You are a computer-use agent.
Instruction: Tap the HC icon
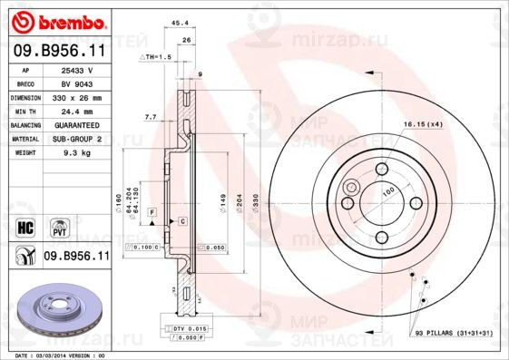(x=26, y=223)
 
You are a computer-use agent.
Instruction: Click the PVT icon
(x=60, y=223)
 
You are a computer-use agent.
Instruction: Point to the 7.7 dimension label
(x=152, y=116)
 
